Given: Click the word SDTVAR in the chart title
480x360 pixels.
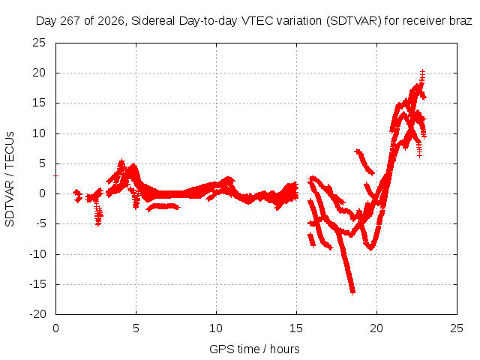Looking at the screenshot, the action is (354, 21).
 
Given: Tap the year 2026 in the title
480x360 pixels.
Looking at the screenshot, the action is (111, 21).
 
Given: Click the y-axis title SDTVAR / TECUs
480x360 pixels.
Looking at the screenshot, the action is (10, 179).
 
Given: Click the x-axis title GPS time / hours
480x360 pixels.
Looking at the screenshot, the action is (254, 349).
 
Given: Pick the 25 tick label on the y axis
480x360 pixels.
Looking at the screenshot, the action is (39, 43).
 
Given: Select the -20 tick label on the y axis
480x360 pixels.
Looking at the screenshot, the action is (37, 314).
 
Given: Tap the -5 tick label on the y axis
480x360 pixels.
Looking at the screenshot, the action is (40, 223).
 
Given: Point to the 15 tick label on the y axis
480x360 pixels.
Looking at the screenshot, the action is (39, 103).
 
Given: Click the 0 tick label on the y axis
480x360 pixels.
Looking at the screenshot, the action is (42, 193).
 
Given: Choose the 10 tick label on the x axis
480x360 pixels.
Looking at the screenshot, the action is (216, 328).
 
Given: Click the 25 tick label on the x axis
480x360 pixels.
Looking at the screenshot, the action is (457, 328).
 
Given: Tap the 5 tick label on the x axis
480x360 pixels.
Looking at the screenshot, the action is (136, 328).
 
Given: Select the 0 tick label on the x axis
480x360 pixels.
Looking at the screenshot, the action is (55, 328).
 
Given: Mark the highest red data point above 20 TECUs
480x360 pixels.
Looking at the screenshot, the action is (422, 72).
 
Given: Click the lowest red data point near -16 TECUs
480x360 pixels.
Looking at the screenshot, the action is (352, 292).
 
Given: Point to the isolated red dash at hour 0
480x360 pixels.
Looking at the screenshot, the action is (55, 175).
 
